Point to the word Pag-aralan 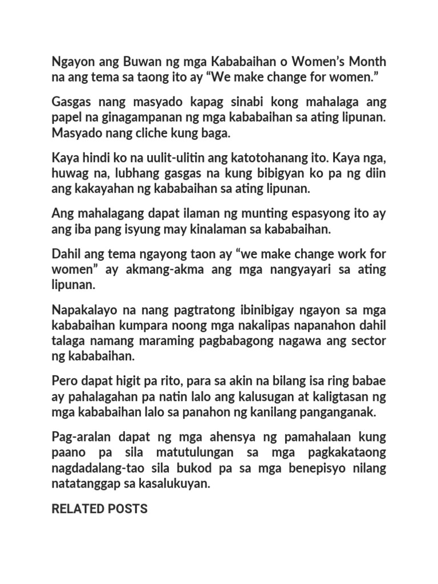click(x=81, y=437)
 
